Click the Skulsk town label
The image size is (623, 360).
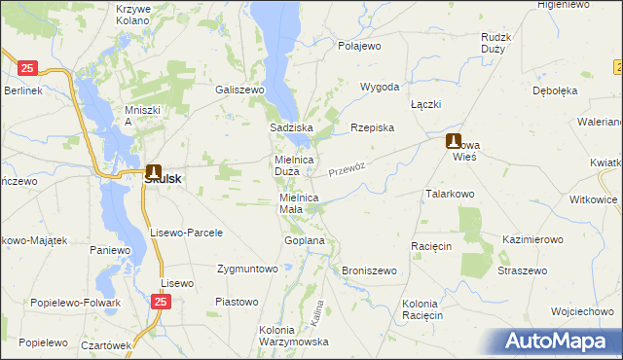pos(162,179)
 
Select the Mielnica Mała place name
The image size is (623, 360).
pos(299,202)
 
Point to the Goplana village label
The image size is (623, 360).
pos(304,239)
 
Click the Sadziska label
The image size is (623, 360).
pos(290,127)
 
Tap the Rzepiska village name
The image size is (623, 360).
pos(372,127)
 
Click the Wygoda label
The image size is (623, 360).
pos(380,87)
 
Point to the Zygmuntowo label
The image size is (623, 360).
pos(247,269)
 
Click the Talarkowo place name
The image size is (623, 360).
pos(449,194)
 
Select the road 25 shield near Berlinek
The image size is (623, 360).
pos(27,68)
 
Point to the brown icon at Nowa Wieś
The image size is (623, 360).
pos(454,141)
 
